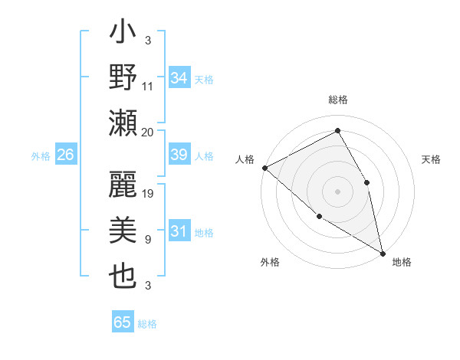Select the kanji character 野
(123, 80)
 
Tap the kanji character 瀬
(123, 122)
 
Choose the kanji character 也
(123, 275)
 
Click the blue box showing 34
(179, 77)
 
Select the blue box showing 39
(179, 155)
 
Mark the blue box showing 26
(65, 155)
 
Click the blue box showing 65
(123, 322)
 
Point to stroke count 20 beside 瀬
(148, 132)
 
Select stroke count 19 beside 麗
(149, 193)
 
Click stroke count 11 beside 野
(149, 87)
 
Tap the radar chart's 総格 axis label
(338, 100)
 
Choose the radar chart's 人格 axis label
(245, 159)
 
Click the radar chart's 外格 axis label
(270, 262)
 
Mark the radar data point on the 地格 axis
(383, 253)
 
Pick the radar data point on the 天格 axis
(367, 182)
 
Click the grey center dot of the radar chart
(338, 191)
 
